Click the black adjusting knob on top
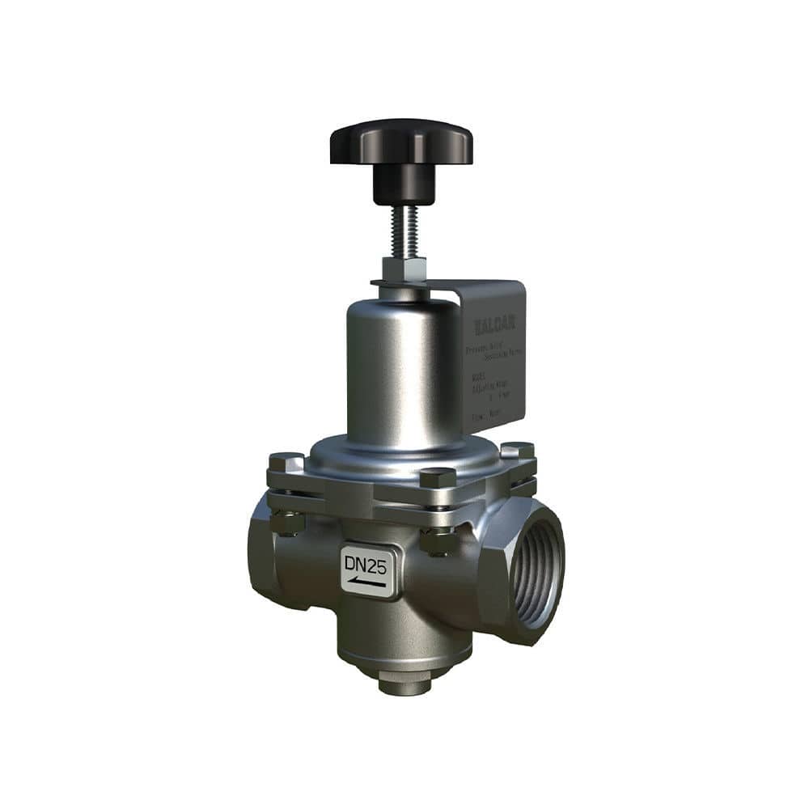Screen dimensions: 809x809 click(x=400, y=143)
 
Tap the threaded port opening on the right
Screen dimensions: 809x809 click(x=535, y=571)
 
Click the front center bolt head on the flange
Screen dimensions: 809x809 click(x=438, y=477)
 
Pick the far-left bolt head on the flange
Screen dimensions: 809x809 click(x=286, y=463)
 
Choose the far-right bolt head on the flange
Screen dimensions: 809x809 click(x=517, y=451)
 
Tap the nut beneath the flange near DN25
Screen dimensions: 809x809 click(x=438, y=540)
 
